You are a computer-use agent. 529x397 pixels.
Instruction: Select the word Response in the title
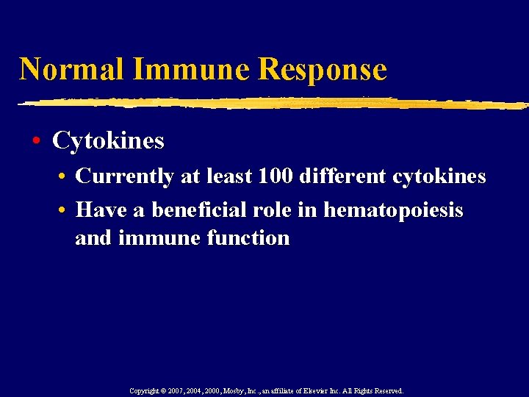pyautogui.click(x=323, y=69)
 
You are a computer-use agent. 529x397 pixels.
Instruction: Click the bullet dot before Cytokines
pyautogui.click(x=36, y=140)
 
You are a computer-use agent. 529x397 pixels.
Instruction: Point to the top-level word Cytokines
pyautogui.click(x=108, y=140)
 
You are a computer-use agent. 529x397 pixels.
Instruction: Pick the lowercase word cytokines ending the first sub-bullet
pyautogui.click(x=439, y=177)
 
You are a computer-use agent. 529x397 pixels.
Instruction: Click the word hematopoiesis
pyautogui.click(x=394, y=211)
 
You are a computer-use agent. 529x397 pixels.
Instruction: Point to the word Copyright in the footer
pyautogui.click(x=145, y=391)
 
